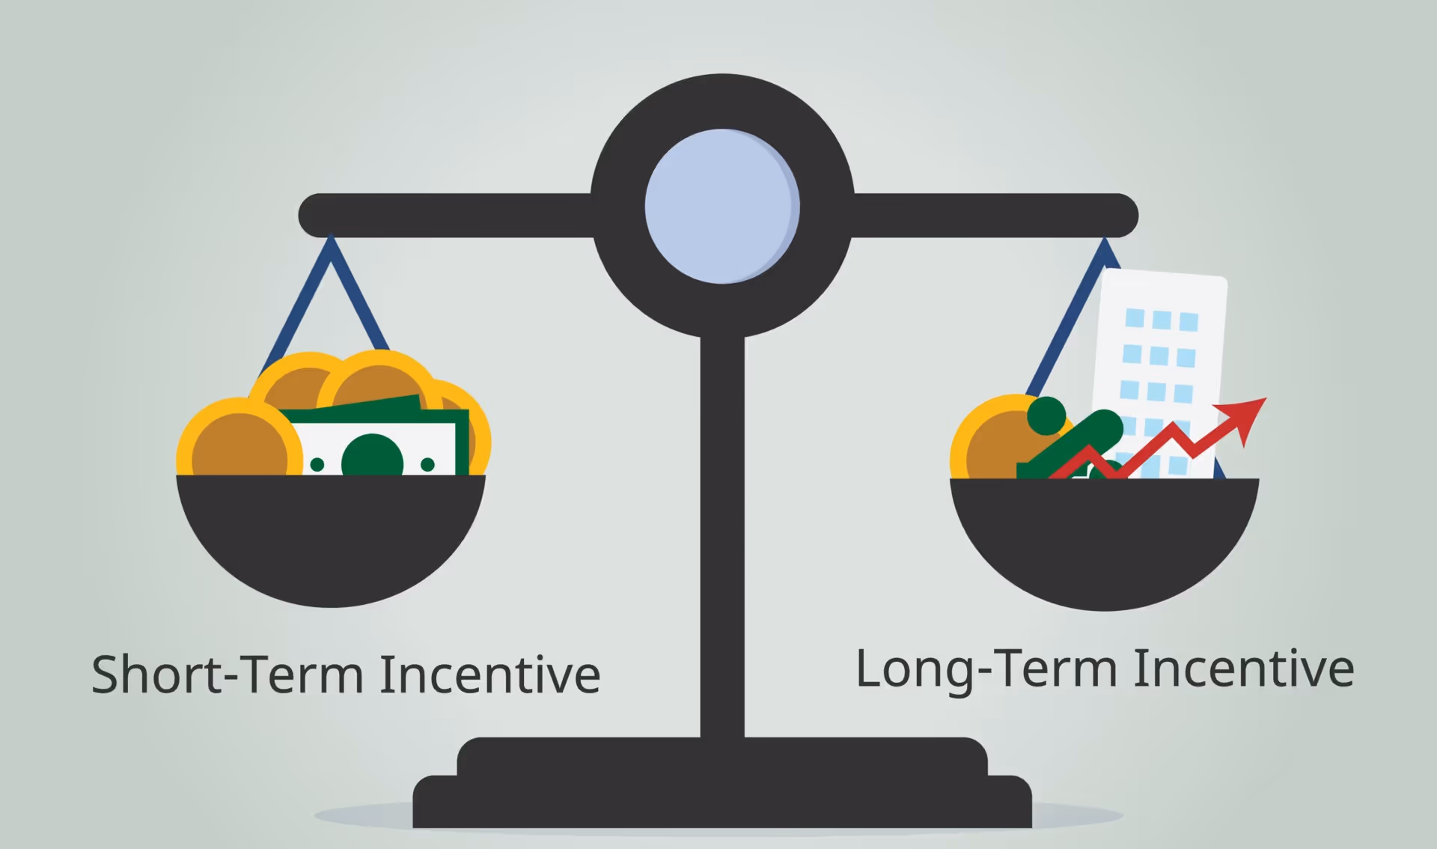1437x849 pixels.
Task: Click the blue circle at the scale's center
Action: (x=721, y=207)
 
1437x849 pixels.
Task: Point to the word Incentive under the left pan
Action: (x=489, y=675)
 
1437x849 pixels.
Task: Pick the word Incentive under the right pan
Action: (x=1243, y=669)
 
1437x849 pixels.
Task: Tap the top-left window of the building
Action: (x=1135, y=317)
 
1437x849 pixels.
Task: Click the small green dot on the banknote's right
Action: (x=427, y=465)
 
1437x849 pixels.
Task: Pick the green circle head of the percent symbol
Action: (x=1046, y=416)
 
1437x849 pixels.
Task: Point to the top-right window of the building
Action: (x=1189, y=322)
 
